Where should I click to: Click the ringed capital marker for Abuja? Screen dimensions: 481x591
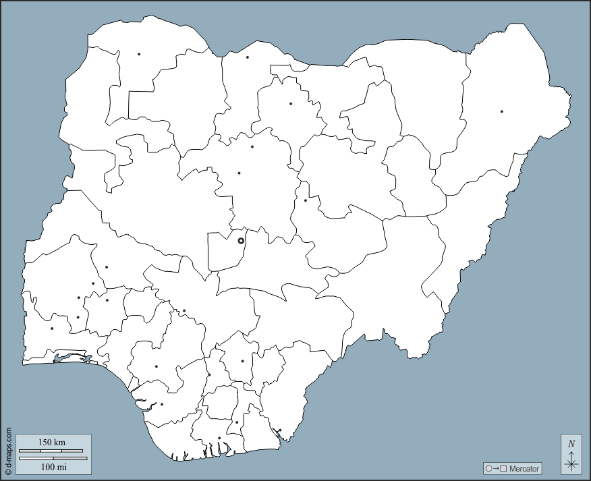241,240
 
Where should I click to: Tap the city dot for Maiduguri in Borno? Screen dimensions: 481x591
502,111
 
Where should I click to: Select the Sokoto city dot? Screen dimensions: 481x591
139,54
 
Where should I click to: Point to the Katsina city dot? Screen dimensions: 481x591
248,57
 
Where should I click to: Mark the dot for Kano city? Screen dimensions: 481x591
291,104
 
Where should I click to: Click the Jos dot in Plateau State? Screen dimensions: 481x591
305,200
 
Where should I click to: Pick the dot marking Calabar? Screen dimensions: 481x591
280,430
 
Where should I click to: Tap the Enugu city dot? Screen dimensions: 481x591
242,361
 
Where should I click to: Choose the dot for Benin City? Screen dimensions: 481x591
157,366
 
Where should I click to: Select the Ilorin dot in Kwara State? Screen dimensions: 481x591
107,267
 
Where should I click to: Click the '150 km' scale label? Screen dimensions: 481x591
51,443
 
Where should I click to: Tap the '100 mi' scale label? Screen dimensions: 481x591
53,466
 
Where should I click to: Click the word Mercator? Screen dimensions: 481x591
524,469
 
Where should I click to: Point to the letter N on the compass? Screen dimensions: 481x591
571,444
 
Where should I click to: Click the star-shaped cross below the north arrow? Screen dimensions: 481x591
571,463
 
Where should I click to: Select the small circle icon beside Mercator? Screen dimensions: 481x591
488,469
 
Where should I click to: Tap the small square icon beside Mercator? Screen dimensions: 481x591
503,469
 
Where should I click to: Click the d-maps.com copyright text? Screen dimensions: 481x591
8,449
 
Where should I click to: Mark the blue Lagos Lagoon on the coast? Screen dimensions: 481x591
71,358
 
